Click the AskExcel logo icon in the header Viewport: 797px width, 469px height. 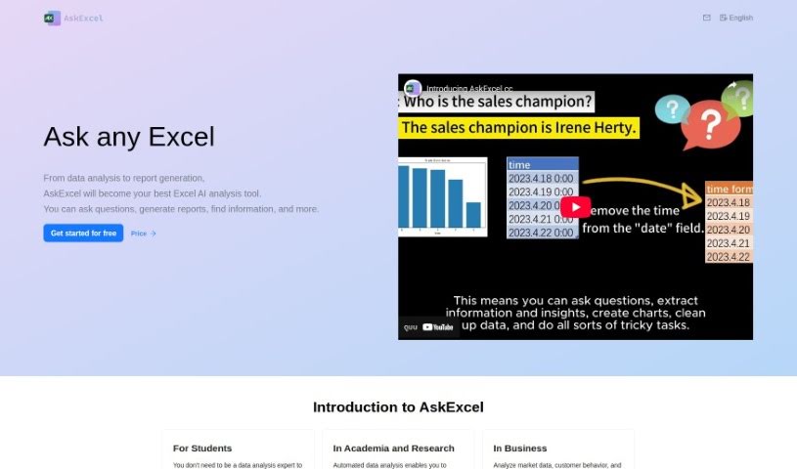point(52,18)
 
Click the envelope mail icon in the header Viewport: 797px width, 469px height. point(707,18)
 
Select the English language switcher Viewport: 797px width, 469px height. point(736,18)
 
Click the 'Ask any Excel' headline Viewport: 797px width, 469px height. point(128,137)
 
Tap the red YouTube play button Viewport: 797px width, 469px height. point(576,207)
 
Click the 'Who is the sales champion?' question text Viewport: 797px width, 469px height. point(498,102)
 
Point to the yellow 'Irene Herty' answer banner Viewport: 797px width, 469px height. point(518,127)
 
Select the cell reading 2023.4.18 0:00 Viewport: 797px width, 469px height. point(542,179)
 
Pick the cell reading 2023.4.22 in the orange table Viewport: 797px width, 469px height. point(728,256)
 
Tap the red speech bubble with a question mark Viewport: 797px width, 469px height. point(711,123)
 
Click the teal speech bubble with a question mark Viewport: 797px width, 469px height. point(672,108)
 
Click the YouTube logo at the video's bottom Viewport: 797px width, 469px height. point(437,327)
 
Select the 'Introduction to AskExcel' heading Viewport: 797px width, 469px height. point(398,407)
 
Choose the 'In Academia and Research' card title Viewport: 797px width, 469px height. point(393,448)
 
